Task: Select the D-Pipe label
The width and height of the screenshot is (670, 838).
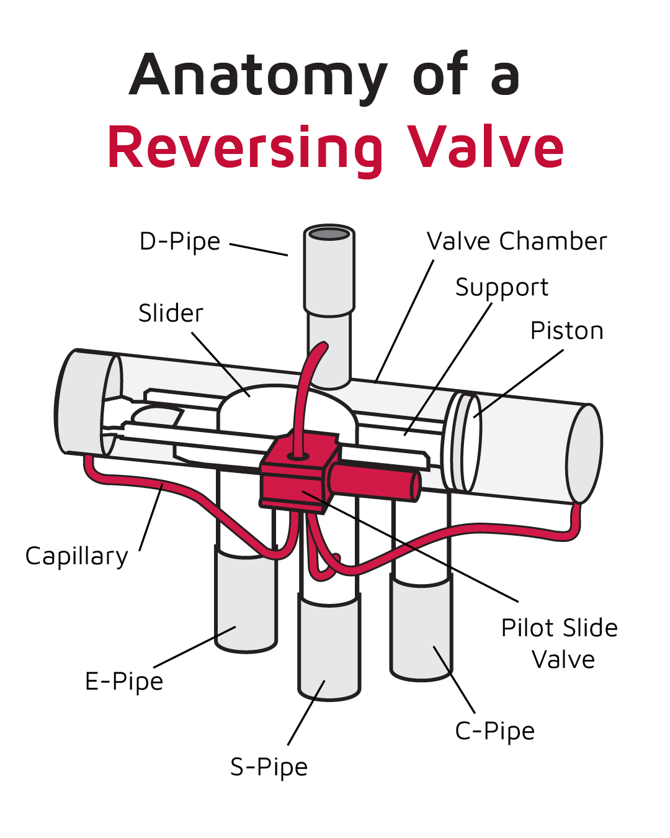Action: pyautogui.click(x=180, y=242)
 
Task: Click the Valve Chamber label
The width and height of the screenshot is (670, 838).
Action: pyautogui.click(x=517, y=241)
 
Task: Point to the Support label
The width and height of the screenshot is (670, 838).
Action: pyautogui.click(x=502, y=287)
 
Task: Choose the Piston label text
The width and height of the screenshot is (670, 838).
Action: pyautogui.click(x=566, y=331)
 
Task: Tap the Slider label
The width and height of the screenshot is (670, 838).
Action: pyautogui.click(x=171, y=313)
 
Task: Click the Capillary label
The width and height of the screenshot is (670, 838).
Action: pyautogui.click(x=76, y=556)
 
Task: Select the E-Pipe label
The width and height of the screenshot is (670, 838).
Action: pyautogui.click(x=124, y=682)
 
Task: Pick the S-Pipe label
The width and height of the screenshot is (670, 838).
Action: pyautogui.click(x=269, y=767)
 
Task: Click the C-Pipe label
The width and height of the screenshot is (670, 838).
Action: pyautogui.click(x=494, y=731)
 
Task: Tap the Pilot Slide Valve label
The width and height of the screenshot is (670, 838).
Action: pyautogui.click(x=560, y=643)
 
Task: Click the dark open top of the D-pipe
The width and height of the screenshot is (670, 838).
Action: pyautogui.click(x=329, y=234)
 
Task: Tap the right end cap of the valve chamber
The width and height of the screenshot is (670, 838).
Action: pyautogui.click(x=584, y=454)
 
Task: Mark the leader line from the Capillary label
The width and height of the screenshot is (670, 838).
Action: pyautogui.click(x=151, y=516)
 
